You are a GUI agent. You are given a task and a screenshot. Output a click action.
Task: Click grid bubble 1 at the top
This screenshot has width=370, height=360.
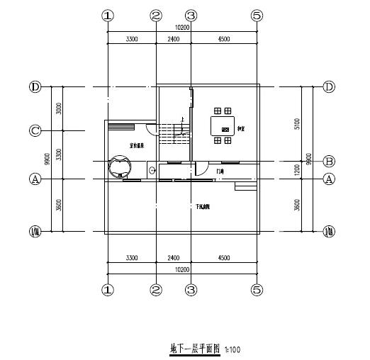coord(107,15)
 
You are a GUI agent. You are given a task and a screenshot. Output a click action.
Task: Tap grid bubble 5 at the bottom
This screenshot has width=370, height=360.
coord(257,289)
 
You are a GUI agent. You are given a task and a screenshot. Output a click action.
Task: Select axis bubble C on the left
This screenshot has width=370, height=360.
coord(35,130)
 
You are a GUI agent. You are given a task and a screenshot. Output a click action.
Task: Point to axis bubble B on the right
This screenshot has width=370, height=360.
coord(329,161)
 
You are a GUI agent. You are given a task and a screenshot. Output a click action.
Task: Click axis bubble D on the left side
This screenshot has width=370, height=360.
coord(35,87)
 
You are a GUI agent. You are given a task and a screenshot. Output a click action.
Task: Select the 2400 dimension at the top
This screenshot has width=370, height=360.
coord(173,40)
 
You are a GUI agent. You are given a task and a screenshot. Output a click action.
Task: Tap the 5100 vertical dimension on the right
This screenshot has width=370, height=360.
coord(298,123)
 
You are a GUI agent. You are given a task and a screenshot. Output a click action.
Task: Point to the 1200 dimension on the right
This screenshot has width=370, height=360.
coord(298,169)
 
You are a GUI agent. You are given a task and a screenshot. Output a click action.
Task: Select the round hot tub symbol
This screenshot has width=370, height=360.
coord(120,167)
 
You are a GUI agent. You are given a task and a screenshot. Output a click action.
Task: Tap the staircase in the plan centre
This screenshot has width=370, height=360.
coord(174,132)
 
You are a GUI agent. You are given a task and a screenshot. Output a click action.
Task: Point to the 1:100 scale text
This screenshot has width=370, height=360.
coord(232,350)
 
